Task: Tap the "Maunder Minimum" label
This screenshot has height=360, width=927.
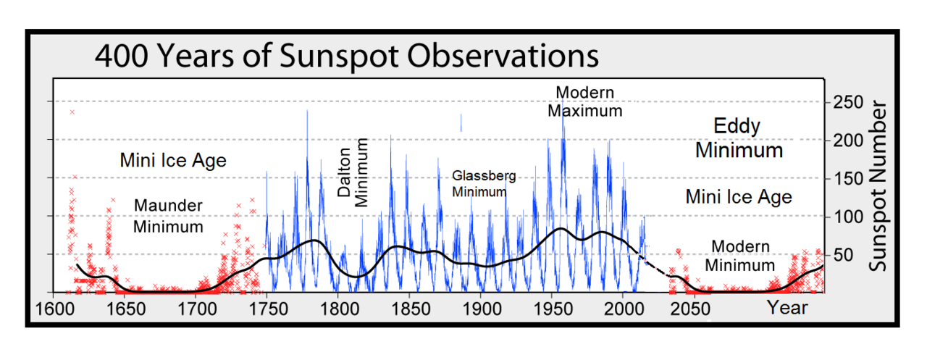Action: point(168,216)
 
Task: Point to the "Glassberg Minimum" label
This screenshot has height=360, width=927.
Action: point(479,184)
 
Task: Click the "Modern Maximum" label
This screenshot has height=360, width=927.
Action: point(584,102)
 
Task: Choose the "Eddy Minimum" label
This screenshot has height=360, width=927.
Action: point(739,138)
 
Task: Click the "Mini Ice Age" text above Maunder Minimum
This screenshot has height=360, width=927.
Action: point(173,160)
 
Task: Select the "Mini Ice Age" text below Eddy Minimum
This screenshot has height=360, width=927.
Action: point(739,196)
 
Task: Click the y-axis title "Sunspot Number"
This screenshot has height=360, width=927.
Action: point(878,187)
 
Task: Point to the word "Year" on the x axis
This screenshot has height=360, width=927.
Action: point(787,309)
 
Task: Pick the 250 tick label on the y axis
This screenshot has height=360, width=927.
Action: point(848,102)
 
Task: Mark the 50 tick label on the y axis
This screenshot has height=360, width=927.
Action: point(844,255)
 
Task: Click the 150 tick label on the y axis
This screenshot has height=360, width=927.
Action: point(848,179)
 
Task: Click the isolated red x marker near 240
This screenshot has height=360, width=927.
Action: point(72,112)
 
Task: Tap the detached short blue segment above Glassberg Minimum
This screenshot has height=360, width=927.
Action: point(461,122)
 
